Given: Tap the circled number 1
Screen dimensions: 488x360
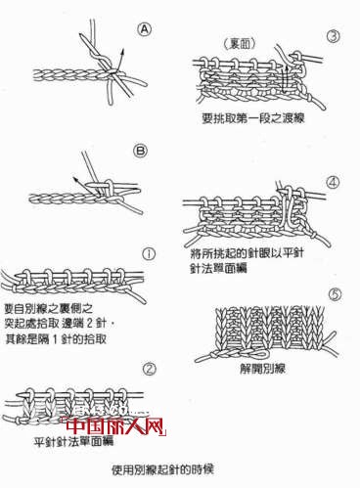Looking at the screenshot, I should [149, 252].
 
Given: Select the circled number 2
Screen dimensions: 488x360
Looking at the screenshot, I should [149, 370].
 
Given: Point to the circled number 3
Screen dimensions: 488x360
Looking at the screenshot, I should [333, 37].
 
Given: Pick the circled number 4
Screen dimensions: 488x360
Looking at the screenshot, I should [333, 182].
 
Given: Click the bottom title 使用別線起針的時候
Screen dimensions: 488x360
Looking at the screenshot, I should [180, 468].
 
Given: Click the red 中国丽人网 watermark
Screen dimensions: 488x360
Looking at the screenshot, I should [114, 427].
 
